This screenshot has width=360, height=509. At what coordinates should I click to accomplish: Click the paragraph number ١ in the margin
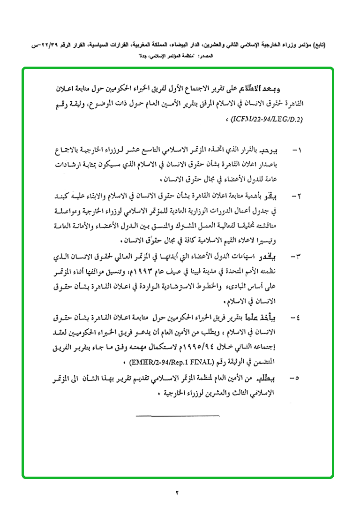(x=296, y=152)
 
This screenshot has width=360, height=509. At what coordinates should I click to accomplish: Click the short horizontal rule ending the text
(x=178, y=415)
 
